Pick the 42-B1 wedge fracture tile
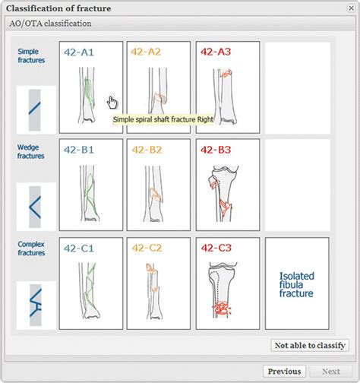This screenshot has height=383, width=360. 90,184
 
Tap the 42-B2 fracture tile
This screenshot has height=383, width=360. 159,184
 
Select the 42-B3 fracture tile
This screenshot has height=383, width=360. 227,184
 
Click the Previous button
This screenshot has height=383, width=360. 284,372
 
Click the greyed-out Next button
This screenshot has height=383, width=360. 330,372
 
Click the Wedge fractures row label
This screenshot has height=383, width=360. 31,152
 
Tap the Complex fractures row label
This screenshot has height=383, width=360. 31,251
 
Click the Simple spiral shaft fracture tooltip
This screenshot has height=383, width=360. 163,119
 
